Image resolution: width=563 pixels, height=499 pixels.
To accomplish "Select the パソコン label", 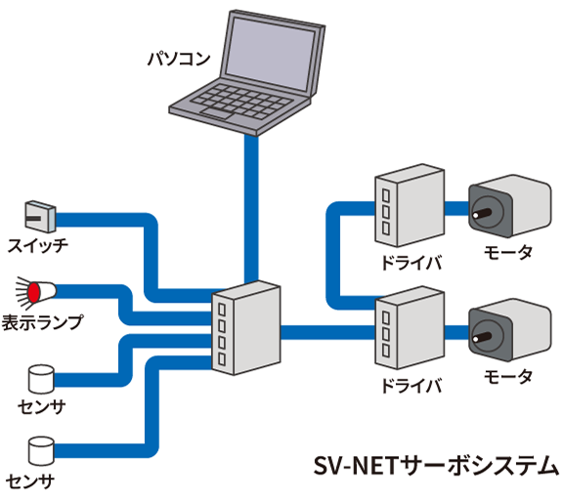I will [x=178, y=61].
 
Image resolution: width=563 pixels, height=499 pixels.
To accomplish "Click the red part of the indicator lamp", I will [x=32, y=291].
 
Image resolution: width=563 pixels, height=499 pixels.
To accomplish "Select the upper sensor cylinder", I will [x=40, y=380].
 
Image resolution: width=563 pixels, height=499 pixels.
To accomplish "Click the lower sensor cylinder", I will [x=40, y=449].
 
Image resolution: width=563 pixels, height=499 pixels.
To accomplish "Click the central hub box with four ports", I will [x=245, y=328].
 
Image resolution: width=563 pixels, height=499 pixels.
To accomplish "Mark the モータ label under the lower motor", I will [x=508, y=376].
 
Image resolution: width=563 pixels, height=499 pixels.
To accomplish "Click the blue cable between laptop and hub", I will [x=251, y=205].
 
